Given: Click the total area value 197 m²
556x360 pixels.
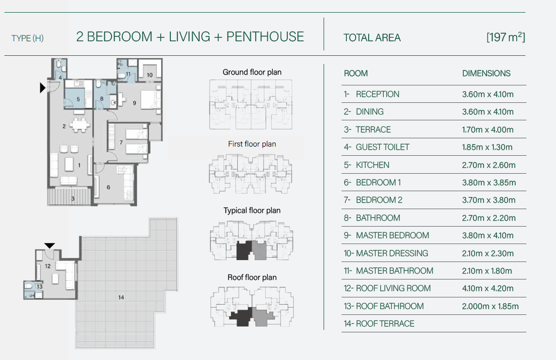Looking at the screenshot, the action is (506, 37).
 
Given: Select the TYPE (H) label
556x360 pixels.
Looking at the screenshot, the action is (27, 38).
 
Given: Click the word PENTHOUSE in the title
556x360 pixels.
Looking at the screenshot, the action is (265, 36).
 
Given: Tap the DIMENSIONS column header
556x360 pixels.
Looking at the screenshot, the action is (486, 73).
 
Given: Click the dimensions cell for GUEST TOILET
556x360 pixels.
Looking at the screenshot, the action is (487, 147).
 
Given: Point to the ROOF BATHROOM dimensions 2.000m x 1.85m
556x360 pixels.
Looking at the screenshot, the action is (490, 306).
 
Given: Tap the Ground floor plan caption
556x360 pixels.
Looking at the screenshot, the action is (252, 72).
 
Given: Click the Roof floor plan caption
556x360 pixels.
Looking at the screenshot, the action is (252, 278).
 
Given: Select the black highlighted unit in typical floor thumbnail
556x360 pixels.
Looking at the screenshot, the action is (244, 250).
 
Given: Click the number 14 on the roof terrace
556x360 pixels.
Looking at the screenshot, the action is (121, 297).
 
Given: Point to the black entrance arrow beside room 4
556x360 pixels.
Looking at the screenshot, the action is (43, 87).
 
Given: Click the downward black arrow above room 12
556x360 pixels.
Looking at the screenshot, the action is (49, 245).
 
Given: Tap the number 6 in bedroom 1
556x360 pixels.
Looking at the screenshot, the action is (109, 187).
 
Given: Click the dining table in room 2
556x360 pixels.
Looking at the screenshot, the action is (80, 125).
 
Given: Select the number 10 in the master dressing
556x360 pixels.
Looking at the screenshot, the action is (149, 75).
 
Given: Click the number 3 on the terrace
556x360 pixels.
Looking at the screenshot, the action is (73, 198).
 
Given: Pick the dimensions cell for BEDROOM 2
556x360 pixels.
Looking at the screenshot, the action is (488, 200).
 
